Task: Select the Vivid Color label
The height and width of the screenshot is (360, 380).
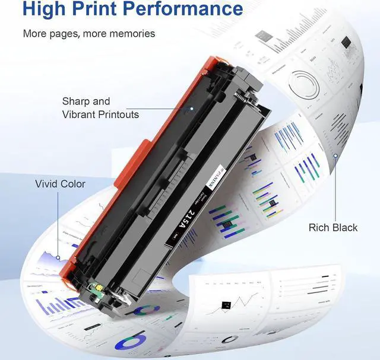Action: coord(60,184)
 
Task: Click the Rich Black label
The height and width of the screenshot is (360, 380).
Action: coord(333,227)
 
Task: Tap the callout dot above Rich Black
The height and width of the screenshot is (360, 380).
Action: coord(335,157)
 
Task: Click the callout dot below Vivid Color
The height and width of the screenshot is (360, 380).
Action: coord(58,258)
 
